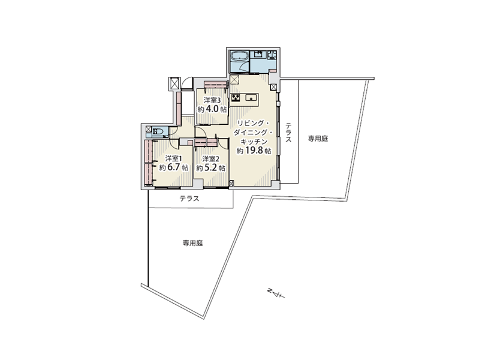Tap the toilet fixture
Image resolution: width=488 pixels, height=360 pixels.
[x=158, y=131]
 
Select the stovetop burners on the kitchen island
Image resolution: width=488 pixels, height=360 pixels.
[x=235, y=98]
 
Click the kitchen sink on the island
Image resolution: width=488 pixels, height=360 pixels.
[x=251, y=98]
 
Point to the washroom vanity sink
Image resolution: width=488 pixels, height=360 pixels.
[x=258, y=55]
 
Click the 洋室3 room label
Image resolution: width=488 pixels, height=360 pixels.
[x=212, y=100]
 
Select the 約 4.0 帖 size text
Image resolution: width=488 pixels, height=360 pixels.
[x=212, y=110]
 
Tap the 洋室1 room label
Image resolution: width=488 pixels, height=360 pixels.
[x=174, y=158]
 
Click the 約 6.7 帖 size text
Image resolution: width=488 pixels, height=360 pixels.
[x=174, y=167]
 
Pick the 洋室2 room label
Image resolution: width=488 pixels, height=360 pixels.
[x=210, y=159]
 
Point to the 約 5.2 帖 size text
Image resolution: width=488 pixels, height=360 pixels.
[x=210, y=168]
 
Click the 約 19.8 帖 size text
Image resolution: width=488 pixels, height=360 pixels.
[x=254, y=151]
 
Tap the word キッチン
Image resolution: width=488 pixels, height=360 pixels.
[x=254, y=142]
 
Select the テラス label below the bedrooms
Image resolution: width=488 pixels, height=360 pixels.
[x=189, y=199]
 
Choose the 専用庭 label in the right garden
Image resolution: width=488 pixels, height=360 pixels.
[x=318, y=139]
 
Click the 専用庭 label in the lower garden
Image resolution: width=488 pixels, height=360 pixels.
[x=193, y=243]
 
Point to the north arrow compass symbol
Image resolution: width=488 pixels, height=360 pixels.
[x=276, y=293]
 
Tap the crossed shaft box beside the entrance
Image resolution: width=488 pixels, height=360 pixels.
[x=174, y=83]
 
